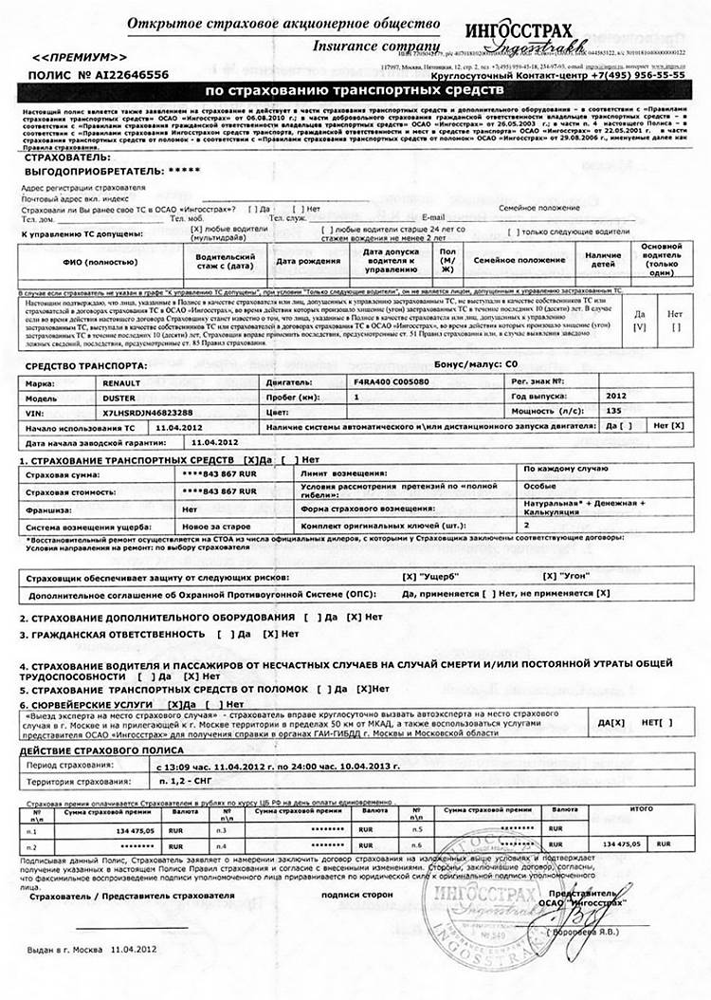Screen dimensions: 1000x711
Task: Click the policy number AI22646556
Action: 127,73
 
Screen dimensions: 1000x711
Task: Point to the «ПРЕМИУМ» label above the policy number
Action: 68,59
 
